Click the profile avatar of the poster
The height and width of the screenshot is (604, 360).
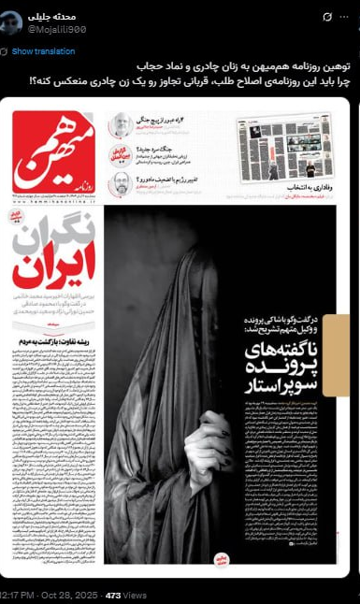(11, 22)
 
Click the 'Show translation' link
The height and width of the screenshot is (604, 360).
(43, 50)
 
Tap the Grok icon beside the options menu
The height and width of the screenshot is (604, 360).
(327, 17)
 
